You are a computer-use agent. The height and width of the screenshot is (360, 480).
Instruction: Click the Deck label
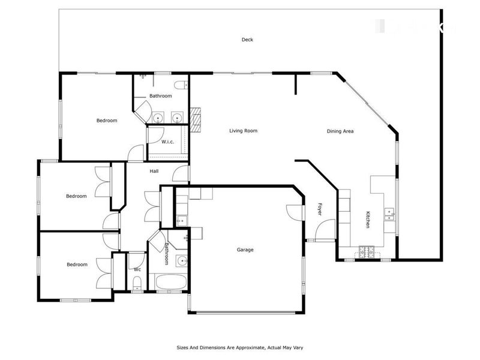coord(247,40)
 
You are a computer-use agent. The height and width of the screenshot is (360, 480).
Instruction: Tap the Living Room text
coord(243,130)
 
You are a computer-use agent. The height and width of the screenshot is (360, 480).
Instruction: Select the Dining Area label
coord(340,131)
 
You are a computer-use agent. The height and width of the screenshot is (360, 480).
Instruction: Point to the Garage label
coord(245,250)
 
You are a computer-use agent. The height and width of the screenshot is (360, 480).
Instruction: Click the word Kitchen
coord(367,220)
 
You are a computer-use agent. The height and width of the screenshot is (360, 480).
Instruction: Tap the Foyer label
coord(319,209)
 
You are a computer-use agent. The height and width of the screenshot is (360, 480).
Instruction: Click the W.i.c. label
coord(167,142)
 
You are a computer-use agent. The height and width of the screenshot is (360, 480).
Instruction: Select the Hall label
coord(154,172)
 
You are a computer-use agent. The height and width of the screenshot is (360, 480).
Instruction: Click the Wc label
coord(136,269)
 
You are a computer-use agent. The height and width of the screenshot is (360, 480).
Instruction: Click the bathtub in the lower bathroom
coord(171,282)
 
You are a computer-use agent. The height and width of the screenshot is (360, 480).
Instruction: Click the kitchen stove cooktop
coord(367,251)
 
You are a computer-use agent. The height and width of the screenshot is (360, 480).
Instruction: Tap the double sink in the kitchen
coord(389,213)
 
